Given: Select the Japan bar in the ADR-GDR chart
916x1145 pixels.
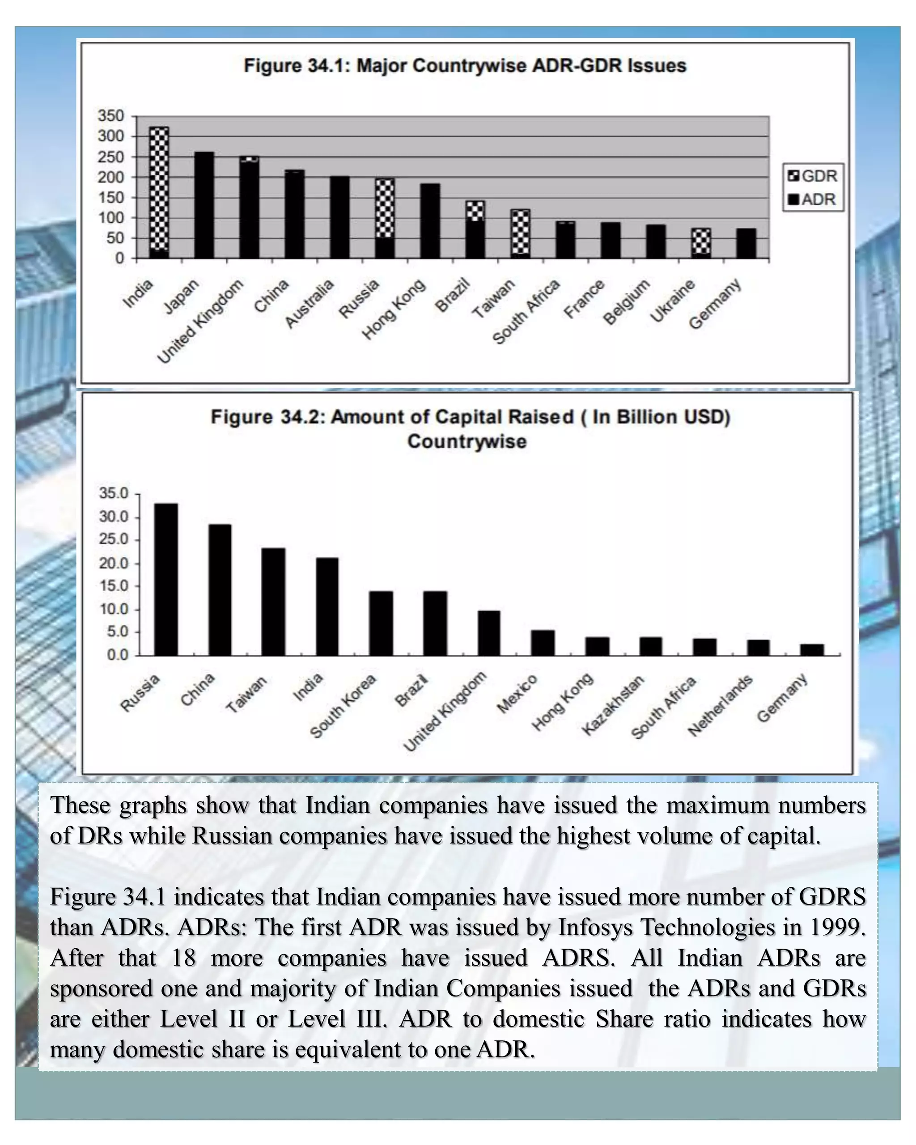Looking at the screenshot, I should [x=204, y=205].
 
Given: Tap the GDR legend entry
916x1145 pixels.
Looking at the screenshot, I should [x=812, y=176].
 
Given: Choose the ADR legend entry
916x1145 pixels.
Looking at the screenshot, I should [x=812, y=199].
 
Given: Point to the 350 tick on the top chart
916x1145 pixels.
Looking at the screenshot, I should [x=110, y=116].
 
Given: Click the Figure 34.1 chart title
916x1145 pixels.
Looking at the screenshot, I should [x=465, y=66].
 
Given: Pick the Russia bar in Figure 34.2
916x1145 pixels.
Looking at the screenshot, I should [x=165, y=579].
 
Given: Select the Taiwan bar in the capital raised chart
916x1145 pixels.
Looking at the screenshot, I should [x=273, y=601].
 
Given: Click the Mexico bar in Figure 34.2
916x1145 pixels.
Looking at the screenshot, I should [x=543, y=643].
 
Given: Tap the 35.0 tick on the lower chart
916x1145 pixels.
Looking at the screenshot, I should [x=114, y=493].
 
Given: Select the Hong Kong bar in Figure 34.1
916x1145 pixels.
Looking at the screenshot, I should [x=430, y=221].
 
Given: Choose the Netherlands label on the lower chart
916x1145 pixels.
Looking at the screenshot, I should [x=721, y=705].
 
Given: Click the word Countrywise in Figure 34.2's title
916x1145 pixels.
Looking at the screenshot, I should [x=467, y=441].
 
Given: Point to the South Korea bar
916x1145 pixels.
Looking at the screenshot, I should [x=381, y=623].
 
